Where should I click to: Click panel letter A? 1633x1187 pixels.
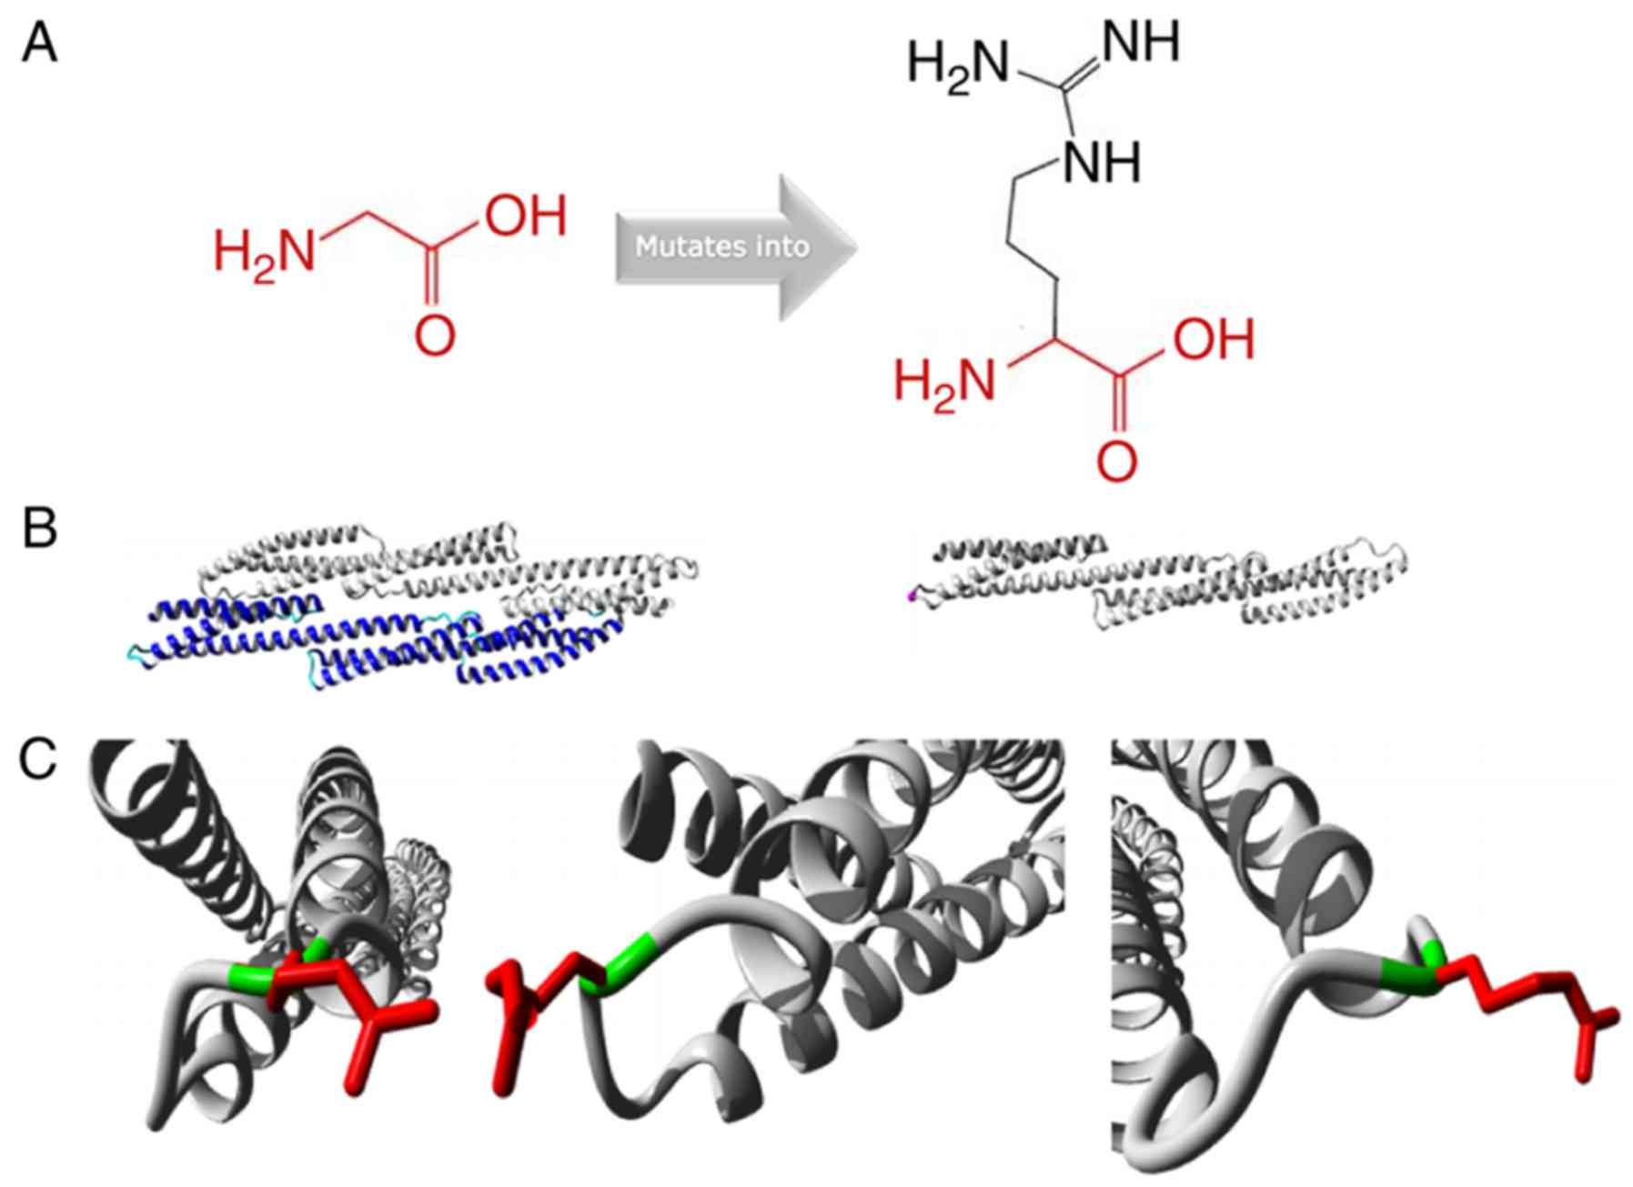39,44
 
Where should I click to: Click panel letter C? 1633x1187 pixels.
39,759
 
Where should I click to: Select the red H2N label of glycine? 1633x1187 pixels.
264,250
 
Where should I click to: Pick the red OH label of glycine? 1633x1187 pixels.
525,216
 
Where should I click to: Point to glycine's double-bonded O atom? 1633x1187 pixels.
434,337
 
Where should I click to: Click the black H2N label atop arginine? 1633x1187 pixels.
958,65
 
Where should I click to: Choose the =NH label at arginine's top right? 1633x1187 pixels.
1141,42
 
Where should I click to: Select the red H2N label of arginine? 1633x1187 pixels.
944,379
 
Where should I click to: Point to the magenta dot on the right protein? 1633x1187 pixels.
911,597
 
